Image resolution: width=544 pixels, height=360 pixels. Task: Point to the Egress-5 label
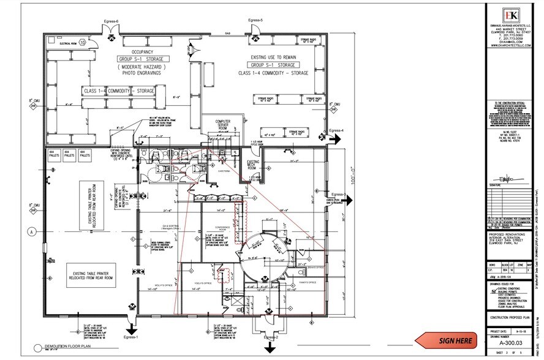(255, 21)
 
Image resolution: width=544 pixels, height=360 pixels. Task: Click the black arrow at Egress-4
(336, 139)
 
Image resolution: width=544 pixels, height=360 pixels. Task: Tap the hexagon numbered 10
(82, 42)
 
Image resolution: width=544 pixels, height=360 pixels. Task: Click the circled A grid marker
(31, 232)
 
